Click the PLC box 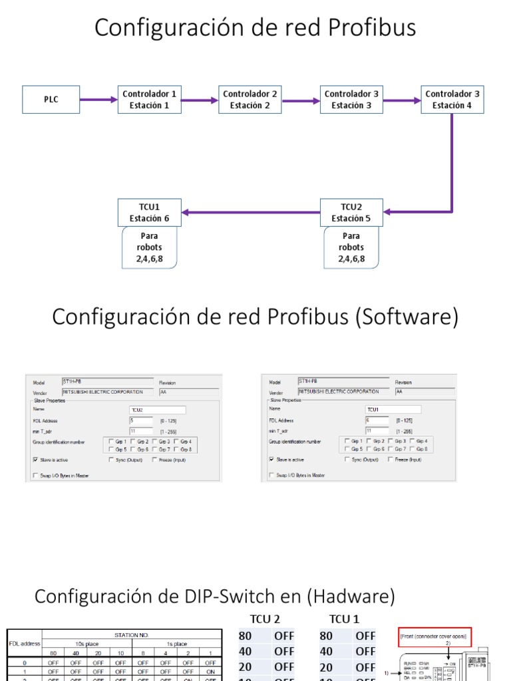51,100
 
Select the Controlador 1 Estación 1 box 150,100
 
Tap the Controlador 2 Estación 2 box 250,100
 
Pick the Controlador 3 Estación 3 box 351,100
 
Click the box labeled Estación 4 452,100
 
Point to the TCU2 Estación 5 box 351,212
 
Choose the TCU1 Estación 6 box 149,212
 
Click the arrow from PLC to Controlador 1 98,100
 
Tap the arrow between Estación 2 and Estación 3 301,101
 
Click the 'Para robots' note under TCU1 149,247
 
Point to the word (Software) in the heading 407,317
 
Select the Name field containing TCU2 158,410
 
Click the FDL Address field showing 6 377,420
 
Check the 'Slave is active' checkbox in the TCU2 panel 35,460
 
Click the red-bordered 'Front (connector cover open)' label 435,636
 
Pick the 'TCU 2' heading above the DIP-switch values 265,619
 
